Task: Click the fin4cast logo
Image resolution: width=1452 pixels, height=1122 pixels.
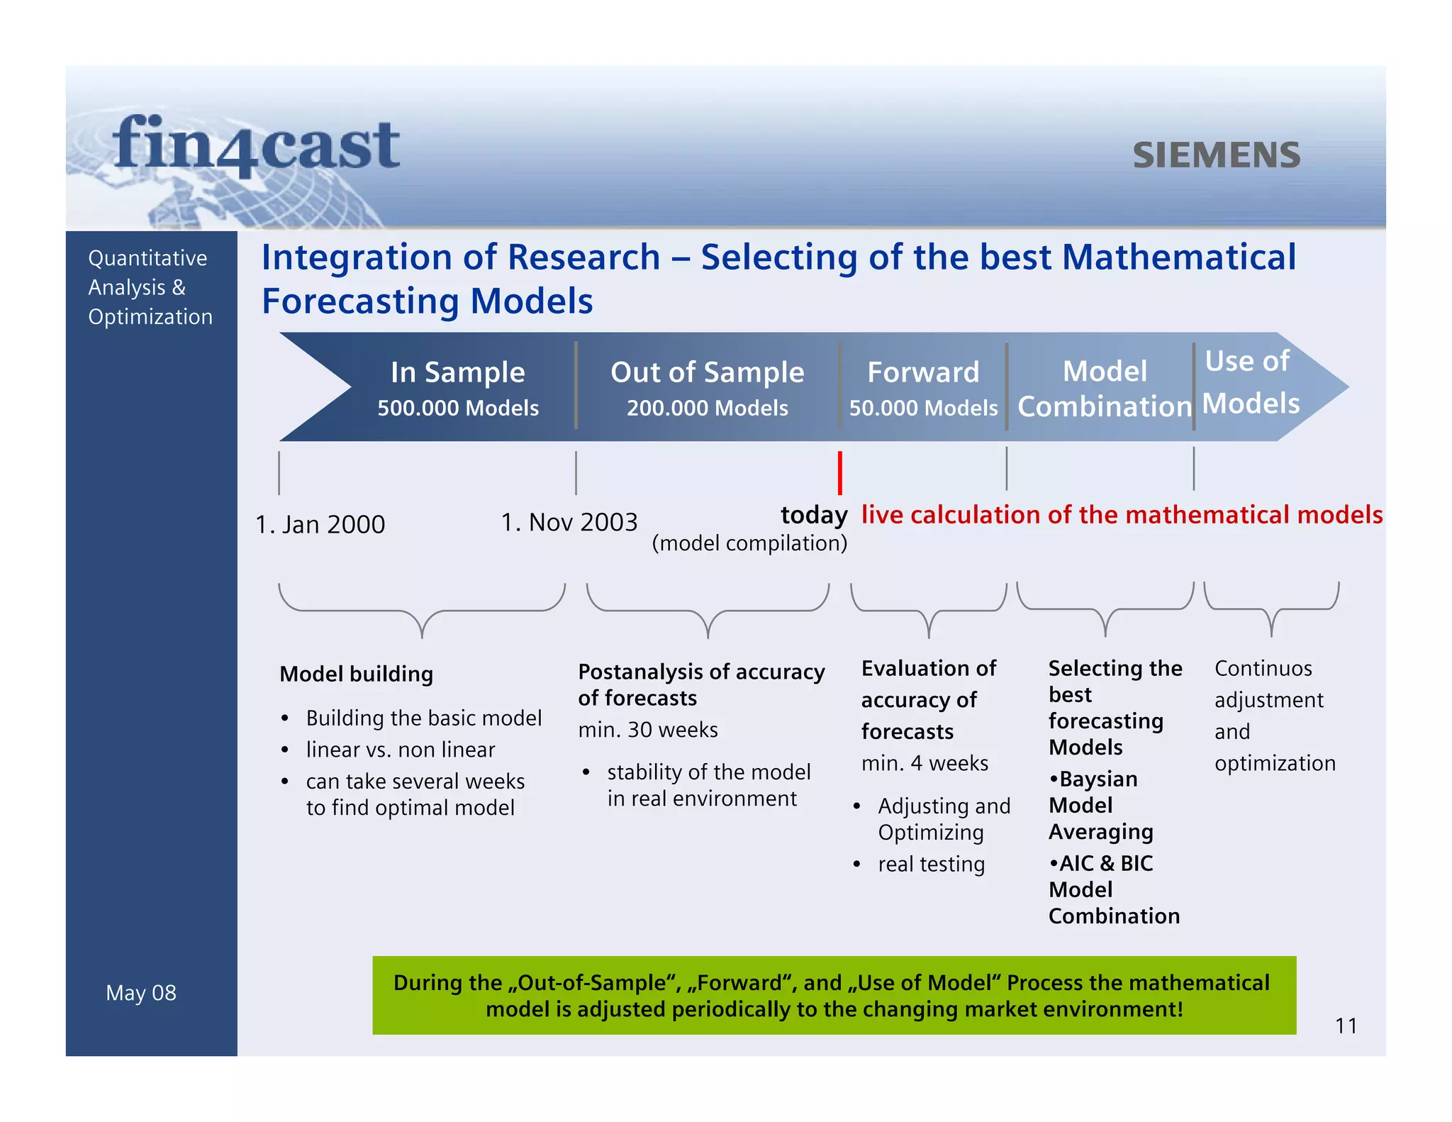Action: tap(256, 145)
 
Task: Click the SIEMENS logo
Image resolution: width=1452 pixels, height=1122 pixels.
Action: tap(1216, 155)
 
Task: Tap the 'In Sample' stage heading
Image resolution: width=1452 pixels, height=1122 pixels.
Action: tap(457, 372)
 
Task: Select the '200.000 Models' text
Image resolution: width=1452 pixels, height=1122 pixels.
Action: tap(707, 408)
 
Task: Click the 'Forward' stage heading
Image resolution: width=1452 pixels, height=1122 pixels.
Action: tap(923, 372)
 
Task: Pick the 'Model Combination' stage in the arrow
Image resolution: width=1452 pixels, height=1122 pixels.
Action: tap(1104, 389)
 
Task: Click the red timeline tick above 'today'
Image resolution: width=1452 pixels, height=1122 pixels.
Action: tap(839, 472)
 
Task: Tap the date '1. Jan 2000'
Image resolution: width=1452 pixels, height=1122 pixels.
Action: tap(320, 525)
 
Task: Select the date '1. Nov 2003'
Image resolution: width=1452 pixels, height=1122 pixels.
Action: tap(569, 523)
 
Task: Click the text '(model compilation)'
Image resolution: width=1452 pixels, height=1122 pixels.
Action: tap(749, 543)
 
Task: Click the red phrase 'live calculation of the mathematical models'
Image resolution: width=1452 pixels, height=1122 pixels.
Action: tap(1122, 515)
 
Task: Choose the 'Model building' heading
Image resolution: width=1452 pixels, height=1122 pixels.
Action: tap(356, 674)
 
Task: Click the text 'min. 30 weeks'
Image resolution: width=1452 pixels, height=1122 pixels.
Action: tap(647, 730)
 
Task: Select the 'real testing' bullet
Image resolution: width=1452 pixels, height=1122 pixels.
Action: tap(931, 865)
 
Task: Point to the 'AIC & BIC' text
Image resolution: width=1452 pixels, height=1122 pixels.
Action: tap(1105, 863)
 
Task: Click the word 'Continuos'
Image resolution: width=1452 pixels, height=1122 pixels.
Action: tap(1263, 668)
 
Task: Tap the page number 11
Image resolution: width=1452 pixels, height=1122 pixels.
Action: tap(1346, 1026)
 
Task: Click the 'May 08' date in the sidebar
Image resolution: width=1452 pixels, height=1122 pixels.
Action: tap(141, 993)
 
